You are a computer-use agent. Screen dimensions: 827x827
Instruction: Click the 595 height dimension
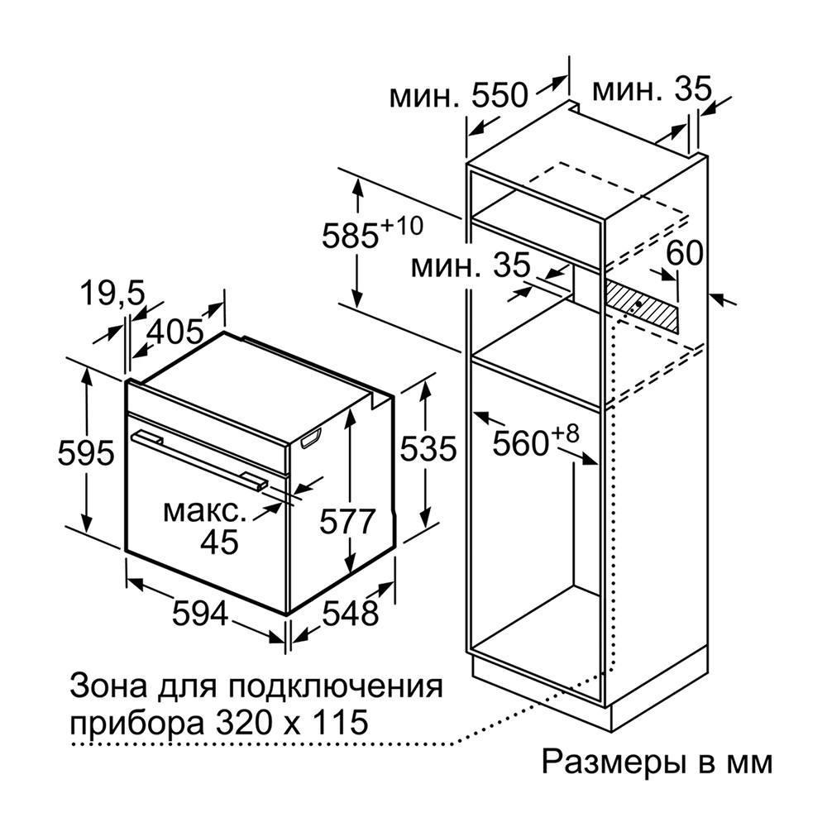[85, 452]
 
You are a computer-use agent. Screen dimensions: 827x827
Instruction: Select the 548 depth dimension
[350, 614]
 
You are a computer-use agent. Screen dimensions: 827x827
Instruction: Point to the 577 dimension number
[347, 522]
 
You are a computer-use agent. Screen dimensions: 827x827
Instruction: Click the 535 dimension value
[428, 449]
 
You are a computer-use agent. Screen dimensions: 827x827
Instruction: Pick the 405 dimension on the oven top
[174, 332]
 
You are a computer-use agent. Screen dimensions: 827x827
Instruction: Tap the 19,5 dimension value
[112, 294]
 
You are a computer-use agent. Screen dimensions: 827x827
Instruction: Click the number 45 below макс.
[219, 541]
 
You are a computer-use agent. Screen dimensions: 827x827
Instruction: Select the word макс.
[204, 511]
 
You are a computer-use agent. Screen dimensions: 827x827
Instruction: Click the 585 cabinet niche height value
[351, 235]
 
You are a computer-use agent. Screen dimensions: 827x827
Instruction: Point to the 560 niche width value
[521, 443]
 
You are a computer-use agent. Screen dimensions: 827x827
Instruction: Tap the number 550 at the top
[499, 95]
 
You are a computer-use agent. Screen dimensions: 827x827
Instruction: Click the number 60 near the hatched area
[685, 252]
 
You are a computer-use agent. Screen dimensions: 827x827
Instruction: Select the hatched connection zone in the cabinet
[641, 306]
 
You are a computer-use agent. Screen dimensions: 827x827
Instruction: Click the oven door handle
[200, 459]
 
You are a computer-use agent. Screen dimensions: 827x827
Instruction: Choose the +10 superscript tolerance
[402, 225]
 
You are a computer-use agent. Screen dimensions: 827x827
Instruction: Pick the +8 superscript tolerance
[566, 435]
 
